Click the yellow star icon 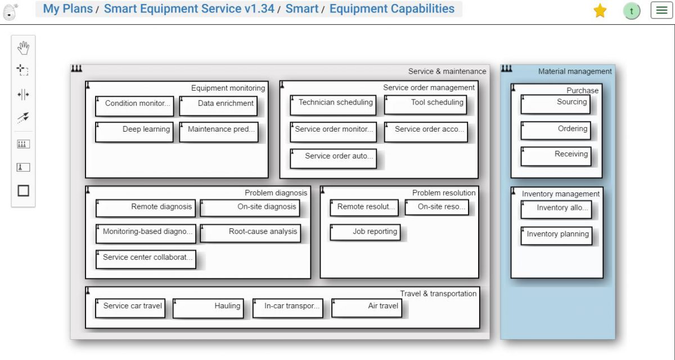tap(600, 11)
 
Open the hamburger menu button tap(661, 11)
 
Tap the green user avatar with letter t tap(632, 11)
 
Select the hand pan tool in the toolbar tap(23, 48)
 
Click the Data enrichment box tap(218, 105)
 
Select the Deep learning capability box tap(134, 132)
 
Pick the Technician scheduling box tap(333, 105)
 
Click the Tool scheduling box tap(426, 105)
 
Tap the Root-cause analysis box tap(250, 233)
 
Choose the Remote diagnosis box tap(146, 208)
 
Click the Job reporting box tap(365, 232)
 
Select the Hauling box tap(208, 308)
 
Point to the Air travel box tap(367, 308)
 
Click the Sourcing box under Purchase tap(556, 104)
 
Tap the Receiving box tap(556, 156)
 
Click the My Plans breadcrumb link tap(67, 9)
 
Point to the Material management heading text tap(575, 71)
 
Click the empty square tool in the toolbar tap(23, 191)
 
